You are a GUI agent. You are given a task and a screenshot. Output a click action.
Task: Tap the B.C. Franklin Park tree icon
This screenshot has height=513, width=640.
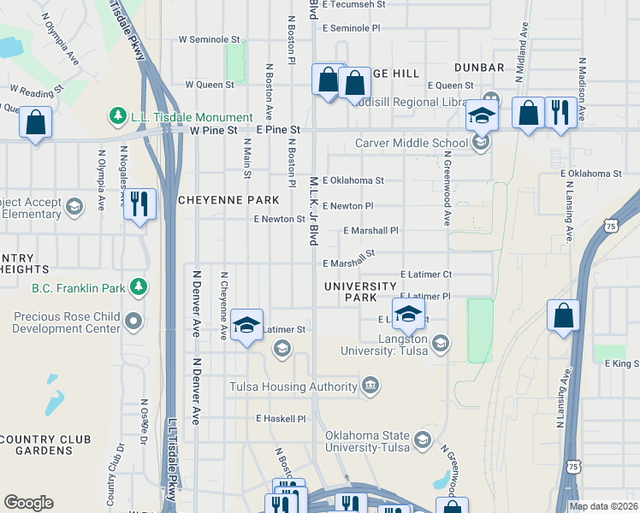[135, 287]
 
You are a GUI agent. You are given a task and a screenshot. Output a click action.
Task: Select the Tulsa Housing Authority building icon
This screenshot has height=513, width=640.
[370, 386]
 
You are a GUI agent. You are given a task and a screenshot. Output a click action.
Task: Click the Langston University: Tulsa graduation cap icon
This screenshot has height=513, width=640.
[440, 343]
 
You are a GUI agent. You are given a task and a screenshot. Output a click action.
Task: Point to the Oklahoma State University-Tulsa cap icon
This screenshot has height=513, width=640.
[422, 439]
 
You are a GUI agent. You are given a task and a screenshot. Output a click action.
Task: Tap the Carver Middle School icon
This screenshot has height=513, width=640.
[482, 142]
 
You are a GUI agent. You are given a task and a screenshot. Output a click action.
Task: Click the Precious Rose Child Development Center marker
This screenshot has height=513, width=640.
[133, 321]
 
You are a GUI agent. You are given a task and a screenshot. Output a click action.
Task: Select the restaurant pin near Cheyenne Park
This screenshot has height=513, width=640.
[139, 203]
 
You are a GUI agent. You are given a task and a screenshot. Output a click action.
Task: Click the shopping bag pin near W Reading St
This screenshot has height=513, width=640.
[36, 122]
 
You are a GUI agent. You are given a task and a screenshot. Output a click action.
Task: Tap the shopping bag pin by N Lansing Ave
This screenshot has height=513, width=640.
[564, 315]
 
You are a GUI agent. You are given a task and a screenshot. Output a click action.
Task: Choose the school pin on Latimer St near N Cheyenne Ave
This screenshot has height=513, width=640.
[247, 325]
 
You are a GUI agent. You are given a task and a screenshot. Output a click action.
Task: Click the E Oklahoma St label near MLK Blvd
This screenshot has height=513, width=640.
[353, 180]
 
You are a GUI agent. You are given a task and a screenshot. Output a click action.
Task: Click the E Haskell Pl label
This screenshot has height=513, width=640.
[281, 419]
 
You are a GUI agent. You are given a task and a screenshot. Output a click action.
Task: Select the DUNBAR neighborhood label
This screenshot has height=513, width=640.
[480, 68]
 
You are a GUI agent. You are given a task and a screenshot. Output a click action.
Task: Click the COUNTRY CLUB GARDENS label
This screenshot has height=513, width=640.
[46, 445]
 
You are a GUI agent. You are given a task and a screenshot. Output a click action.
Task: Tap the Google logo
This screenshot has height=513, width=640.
[28, 503]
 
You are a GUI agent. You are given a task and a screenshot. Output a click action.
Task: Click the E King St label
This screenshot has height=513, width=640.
[622, 363]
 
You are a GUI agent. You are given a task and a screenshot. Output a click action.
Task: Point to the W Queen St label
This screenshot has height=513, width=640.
[210, 85]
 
